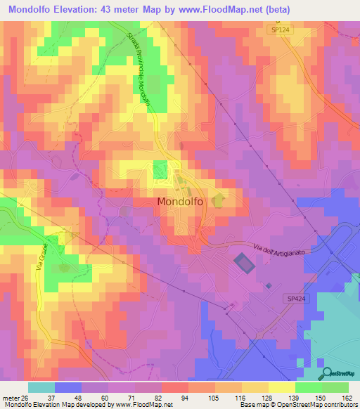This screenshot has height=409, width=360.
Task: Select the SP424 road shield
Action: click(x=297, y=299)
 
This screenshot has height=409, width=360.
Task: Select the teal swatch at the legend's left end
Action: click(x=41, y=387)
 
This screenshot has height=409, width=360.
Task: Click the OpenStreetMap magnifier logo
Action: click(x=325, y=372)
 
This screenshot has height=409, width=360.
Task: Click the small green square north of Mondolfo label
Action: click(x=160, y=169)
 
